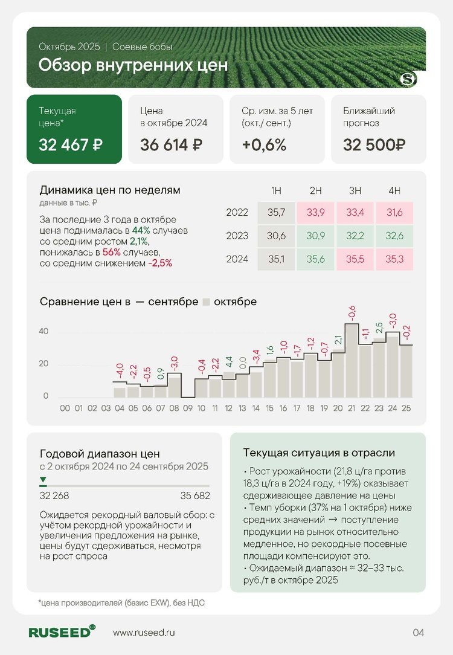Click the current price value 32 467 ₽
71,145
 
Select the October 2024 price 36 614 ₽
171,145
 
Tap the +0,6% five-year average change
264,145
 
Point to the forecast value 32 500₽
374,145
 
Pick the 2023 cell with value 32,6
394,236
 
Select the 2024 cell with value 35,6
315,259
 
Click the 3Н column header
355,191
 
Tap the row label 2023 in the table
237,236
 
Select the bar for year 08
174,385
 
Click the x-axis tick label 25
406,408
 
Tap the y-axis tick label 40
43,331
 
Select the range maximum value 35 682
194,495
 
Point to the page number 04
419,633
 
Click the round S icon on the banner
409,79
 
